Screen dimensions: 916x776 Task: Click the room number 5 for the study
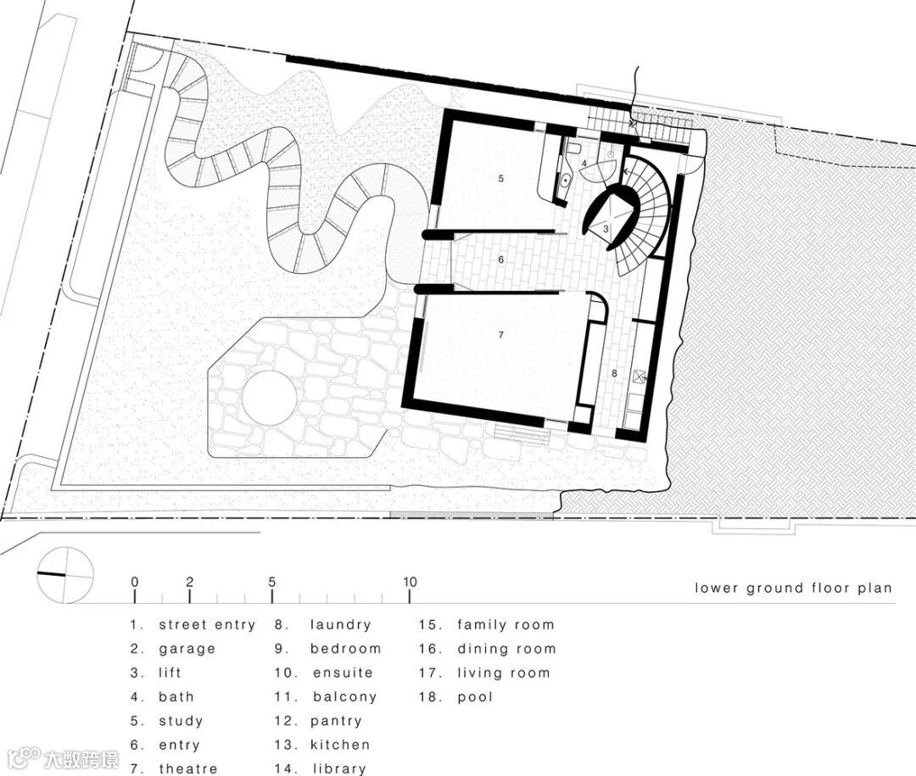click(500, 178)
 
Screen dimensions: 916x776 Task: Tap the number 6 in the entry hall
click(500, 260)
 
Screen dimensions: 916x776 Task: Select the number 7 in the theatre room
click(500, 335)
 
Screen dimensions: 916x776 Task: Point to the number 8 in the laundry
click(614, 373)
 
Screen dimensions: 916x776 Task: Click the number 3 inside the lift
click(606, 229)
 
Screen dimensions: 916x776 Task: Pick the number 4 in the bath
click(584, 165)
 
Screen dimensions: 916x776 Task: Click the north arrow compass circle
click(65, 575)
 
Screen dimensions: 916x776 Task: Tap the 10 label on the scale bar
click(410, 582)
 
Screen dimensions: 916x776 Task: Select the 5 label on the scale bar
click(271, 582)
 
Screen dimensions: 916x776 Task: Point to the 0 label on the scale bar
click(135, 582)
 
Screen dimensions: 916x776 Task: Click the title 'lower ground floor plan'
click(793, 589)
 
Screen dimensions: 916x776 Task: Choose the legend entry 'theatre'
click(188, 768)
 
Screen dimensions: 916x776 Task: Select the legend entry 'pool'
click(476, 697)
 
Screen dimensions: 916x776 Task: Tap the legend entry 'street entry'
click(208, 625)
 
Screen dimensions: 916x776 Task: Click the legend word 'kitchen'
click(340, 745)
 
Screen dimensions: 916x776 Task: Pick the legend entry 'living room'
click(504, 673)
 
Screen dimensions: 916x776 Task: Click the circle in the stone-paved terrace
click(270, 398)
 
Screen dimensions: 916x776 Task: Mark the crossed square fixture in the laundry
click(638, 377)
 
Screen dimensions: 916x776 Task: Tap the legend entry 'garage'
click(187, 649)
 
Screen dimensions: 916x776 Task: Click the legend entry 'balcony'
click(344, 697)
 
